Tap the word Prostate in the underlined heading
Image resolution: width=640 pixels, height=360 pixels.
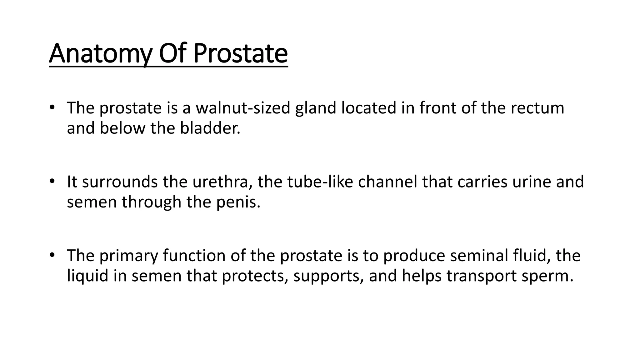click(x=240, y=54)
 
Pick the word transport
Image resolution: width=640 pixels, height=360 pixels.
click(x=481, y=276)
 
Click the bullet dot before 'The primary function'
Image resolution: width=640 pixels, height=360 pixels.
click(x=52, y=255)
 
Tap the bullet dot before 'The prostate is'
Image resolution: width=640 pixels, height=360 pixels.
click(x=52, y=107)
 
